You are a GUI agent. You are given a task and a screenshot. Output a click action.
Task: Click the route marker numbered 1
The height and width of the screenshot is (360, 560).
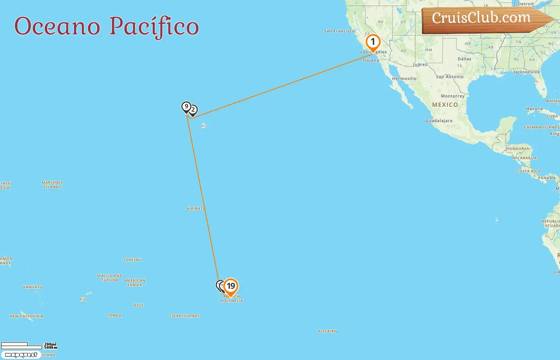(373, 42)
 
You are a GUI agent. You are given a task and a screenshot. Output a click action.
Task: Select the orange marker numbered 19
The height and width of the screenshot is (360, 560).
(231, 286)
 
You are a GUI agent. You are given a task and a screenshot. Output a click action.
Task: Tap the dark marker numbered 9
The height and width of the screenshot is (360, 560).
(186, 107)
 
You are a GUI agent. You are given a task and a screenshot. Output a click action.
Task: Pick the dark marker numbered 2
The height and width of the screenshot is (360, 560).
(193, 110)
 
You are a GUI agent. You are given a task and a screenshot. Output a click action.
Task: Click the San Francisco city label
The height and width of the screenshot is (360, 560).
(339, 31)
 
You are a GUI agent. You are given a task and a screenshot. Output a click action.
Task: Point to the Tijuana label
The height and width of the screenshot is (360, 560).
(371, 60)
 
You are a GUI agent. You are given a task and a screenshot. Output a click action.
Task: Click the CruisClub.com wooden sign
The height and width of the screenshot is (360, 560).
(482, 18)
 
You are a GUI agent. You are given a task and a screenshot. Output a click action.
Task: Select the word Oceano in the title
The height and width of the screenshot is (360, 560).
(57, 26)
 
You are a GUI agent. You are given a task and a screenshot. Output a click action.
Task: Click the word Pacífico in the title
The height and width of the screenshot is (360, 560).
(154, 26)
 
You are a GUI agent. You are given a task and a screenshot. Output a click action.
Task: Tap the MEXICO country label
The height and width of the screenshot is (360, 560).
(445, 105)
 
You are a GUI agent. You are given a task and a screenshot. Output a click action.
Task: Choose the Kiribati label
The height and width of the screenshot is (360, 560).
(196, 208)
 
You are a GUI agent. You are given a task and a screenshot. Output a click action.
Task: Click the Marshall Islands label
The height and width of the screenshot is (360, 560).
(52, 185)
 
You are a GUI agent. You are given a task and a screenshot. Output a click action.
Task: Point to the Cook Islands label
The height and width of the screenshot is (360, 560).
(184, 316)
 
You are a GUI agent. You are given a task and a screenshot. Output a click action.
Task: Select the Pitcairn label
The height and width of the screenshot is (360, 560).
(327, 331)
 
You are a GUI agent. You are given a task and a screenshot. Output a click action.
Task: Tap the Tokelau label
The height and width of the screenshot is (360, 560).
(132, 260)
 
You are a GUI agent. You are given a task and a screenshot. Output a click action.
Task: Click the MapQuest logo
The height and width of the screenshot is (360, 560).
(21, 355)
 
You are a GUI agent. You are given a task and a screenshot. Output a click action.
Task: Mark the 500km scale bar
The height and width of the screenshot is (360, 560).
(22, 347)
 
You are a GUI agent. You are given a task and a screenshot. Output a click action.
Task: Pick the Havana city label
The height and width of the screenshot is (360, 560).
(534, 109)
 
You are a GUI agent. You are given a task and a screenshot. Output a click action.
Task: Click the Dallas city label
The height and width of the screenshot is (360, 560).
(464, 59)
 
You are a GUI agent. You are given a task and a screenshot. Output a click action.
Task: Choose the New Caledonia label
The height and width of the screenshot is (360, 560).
(26, 316)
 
